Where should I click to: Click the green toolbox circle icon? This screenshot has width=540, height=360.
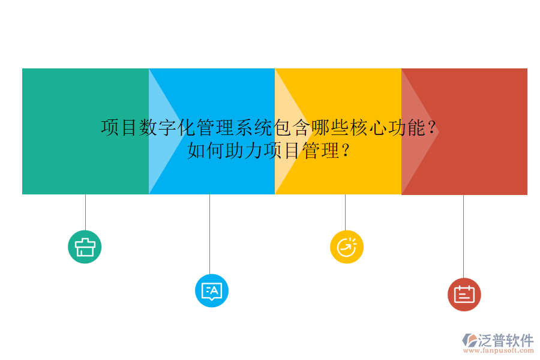(x=85, y=247)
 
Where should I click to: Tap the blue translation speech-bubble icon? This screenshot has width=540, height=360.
(x=212, y=291)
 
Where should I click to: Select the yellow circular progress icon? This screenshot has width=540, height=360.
(x=347, y=247)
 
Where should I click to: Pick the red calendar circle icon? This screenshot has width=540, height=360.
(x=464, y=295)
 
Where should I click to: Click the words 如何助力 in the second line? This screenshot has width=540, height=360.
(x=224, y=150)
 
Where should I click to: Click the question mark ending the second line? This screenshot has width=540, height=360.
(x=346, y=150)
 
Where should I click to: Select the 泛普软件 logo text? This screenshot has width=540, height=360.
(x=505, y=340)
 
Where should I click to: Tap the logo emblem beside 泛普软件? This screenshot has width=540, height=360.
(x=469, y=340)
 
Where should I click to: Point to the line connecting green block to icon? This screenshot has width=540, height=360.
(x=85, y=212)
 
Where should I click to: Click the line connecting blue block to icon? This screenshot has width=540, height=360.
(x=209, y=234)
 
